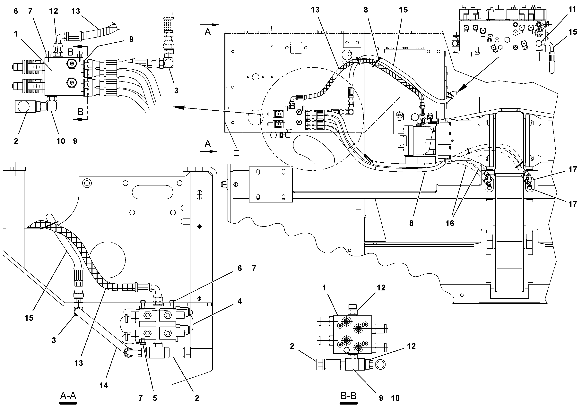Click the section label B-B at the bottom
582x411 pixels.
click(x=349, y=396)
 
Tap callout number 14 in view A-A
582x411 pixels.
click(x=104, y=386)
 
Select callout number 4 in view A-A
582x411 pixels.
click(x=239, y=301)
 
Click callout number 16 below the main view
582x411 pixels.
click(x=450, y=223)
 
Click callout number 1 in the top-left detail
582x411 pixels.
click(x=16, y=33)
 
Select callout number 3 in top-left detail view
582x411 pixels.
click(x=176, y=90)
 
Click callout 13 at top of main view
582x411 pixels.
click(x=315, y=10)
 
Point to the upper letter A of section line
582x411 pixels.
click(x=208, y=32)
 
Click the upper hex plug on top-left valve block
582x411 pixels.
click(x=71, y=63)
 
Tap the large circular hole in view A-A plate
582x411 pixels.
click(x=108, y=260)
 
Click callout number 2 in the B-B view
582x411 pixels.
click(x=292, y=346)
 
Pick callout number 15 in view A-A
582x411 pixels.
click(x=29, y=318)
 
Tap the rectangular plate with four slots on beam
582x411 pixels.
click(x=271, y=184)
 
